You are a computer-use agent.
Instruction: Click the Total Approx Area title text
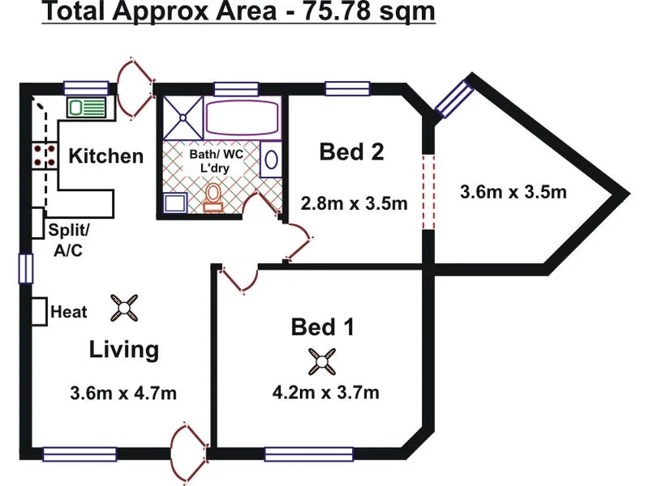239,11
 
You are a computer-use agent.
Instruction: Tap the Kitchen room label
106,156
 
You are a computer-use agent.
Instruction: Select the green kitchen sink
87,108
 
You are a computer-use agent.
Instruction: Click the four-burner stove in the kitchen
45,156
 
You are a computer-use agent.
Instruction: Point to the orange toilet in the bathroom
213,197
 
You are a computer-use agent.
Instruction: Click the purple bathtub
242,117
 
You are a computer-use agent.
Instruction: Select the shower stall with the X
183,118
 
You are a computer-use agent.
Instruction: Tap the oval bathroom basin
271,160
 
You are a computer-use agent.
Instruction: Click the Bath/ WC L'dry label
216,160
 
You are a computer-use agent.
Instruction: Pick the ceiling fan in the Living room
124,308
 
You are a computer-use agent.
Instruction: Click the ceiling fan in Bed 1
321,361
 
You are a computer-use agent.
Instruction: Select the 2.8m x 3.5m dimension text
354,203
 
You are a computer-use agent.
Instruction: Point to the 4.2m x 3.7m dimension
326,392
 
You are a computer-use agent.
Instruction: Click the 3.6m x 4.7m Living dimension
123,393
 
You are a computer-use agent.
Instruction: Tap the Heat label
69,312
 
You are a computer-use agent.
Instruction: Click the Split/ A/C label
69,240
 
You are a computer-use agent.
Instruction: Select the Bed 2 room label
351,151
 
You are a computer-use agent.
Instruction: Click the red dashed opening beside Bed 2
429,192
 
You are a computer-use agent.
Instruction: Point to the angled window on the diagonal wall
454,99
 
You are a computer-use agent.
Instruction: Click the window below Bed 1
309,454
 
